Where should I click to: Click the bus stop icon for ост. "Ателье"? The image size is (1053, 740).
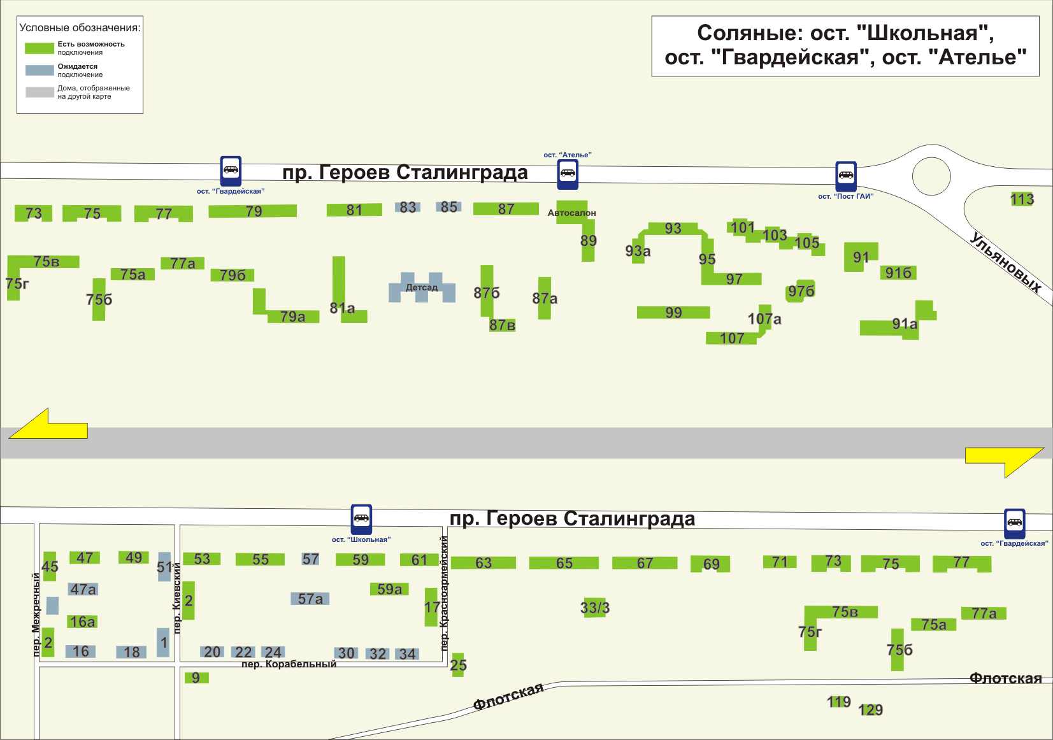tap(568, 174)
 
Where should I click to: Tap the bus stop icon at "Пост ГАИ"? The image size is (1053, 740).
tap(846, 176)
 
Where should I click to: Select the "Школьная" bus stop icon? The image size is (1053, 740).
tap(361, 519)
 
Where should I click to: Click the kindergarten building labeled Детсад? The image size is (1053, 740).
tap(422, 288)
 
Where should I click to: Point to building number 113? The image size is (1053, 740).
tap(1022, 199)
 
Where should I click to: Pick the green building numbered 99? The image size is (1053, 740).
tap(673, 312)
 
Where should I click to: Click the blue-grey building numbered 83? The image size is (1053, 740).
tap(408, 207)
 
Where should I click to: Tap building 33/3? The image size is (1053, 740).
tap(594, 608)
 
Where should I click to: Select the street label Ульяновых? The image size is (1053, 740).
tap(1005, 262)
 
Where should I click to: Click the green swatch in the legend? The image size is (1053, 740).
tap(39, 48)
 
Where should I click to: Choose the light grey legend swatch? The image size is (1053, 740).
tap(39, 92)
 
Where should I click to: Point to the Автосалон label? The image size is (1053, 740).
tap(571, 213)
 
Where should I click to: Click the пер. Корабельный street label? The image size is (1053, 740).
tap(289, 664)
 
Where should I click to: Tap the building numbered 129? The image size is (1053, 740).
tap(870, 709)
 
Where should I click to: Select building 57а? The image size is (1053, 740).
tap(310, 599)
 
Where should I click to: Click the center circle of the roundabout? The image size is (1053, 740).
tap(931, 176)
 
